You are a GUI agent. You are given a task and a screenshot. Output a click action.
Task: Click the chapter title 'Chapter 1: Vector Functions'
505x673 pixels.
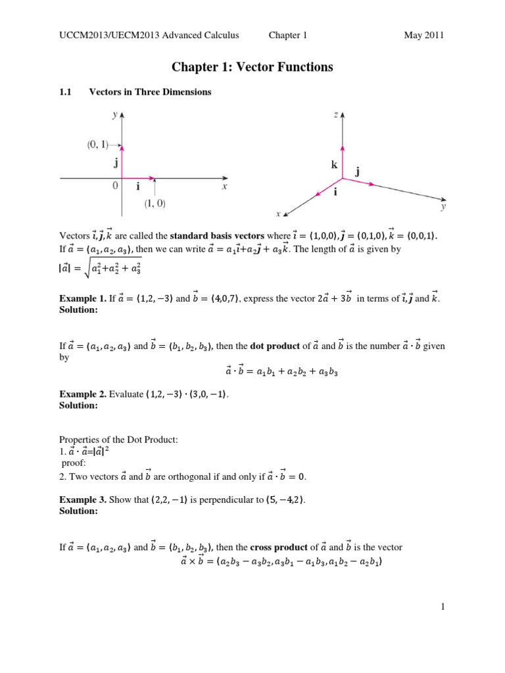[x=252, y=67]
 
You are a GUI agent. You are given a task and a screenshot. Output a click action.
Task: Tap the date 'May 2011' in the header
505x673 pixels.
[x=424, y=35]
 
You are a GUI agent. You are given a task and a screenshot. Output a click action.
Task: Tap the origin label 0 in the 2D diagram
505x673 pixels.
[x=115, y=186]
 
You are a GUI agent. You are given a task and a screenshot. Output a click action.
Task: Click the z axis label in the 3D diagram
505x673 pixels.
[x=336, y=114]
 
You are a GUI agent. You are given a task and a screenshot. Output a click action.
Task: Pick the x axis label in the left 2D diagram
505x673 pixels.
[x=224, y=187]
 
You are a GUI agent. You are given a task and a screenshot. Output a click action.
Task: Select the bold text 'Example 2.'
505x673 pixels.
[x=83, y=394]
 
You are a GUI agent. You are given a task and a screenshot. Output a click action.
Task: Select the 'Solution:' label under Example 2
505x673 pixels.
[x=79, y=406]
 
